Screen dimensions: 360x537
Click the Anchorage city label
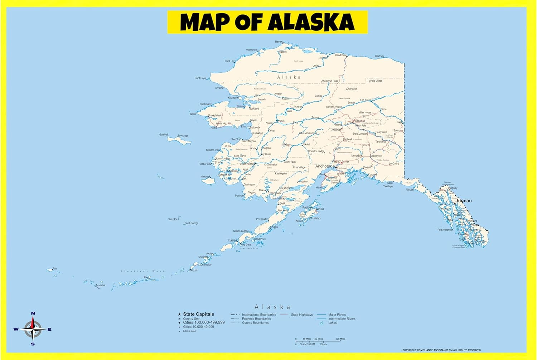click(x=325, y=166)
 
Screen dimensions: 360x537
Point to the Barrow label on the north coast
click(x=279, y=42)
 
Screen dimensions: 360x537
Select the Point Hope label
click(x=200, y=78)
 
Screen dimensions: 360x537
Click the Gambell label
click(x=164, y=135)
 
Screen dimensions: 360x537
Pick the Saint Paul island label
click(x=173, y=219)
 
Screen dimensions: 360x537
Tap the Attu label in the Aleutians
click(x=55, y=269)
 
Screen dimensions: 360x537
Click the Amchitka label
click(x=100, y=285)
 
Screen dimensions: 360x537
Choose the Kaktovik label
click(x=379, y=56)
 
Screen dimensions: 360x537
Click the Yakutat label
click(x=410, y=190)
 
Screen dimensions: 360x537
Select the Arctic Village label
click(x=376, y=81)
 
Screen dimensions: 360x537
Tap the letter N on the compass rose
click(x=33, y=313)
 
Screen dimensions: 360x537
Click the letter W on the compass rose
click(x=16, y=329)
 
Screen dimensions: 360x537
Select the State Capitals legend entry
click(x=198, y=314)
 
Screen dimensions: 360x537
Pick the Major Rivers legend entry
click(x=337, y=315)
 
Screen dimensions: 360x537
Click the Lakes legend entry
click(x=332, y=323)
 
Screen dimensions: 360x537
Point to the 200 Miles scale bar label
click(x=340, y=339)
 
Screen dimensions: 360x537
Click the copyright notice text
click(x=441, y=350)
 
